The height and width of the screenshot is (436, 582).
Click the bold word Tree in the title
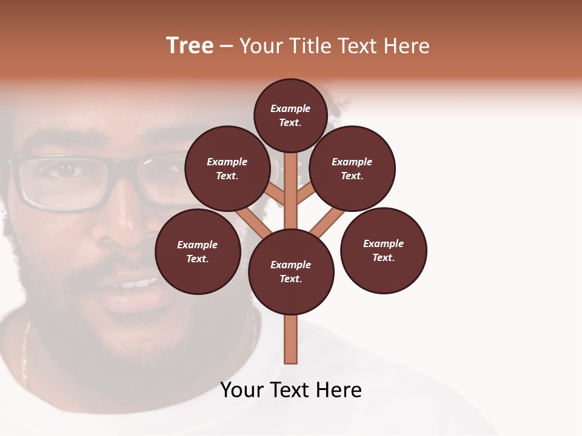tap(190, 46)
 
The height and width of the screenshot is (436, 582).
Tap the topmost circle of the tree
tap(290, 115)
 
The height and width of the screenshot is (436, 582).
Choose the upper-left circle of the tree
tap(227, 168)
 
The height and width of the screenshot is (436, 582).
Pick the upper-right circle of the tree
tap(352, 168)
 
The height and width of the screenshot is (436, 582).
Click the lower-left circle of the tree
tap(198, 251)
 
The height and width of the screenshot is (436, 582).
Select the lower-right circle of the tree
tap(383, 250)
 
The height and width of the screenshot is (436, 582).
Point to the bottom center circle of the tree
tap(291, 272)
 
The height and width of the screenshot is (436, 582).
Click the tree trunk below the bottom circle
tap(291, 339)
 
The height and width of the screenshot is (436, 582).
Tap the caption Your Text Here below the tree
tap(291, 390)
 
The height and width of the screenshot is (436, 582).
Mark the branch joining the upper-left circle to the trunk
tap(276, 194)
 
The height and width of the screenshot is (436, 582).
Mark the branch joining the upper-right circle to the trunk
tap(306, 194)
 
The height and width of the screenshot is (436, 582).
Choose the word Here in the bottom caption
tap(339, 390)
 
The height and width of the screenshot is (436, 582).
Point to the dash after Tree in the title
tap(226, 47)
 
